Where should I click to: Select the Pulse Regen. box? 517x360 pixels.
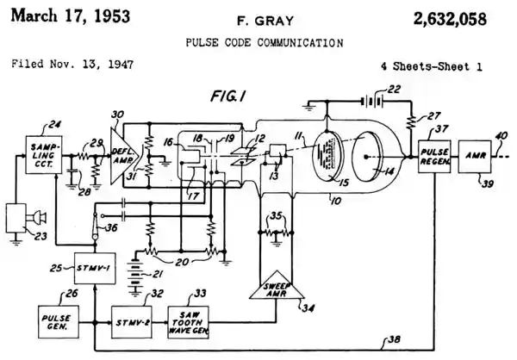coord(433,156)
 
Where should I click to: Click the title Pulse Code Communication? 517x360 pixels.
coord(258,41)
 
